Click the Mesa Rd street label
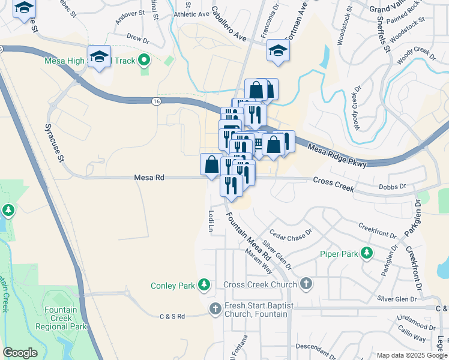(149, 178)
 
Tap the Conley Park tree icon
(205, 285)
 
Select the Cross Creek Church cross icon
(306, 284)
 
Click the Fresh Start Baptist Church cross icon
(215, 309)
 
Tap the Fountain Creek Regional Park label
(61, 319)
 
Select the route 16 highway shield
(156, 103)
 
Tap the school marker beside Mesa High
(100, 56)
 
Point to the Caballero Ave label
(229, 24)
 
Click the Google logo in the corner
(20, 353)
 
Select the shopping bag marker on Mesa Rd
(211, 164)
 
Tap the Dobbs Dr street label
(392, 187)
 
